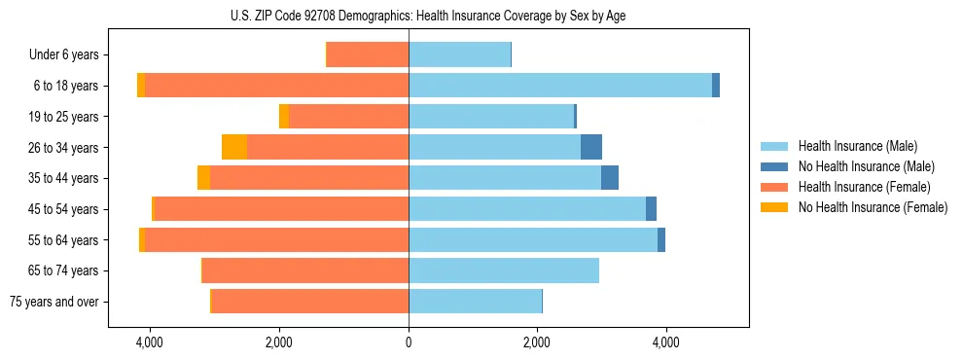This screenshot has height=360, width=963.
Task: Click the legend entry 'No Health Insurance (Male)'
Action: pos(866,166)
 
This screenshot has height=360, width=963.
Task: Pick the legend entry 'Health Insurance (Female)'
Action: pos(864,187)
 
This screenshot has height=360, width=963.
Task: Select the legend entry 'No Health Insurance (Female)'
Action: pos(873,207)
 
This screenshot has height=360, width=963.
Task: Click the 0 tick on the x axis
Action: pos(409,342)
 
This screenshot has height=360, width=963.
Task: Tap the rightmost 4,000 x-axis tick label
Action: pos(666,342)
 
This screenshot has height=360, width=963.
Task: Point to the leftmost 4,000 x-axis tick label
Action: pos(150,342)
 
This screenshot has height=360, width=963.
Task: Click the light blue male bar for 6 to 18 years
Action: pos(560,86)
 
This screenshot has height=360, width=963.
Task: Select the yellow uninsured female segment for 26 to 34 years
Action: pos(234,147)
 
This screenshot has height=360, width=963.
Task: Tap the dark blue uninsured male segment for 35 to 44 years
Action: pos(610,178)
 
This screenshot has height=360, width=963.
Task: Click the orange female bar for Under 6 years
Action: pos(368,55)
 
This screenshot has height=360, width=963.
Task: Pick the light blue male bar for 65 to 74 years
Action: pos(504,270)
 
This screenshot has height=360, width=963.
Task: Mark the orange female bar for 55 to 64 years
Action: pos(277,239)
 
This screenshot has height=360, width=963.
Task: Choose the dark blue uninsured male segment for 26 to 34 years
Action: pos(591,147)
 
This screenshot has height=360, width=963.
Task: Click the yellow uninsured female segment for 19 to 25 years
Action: pos(284,117)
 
